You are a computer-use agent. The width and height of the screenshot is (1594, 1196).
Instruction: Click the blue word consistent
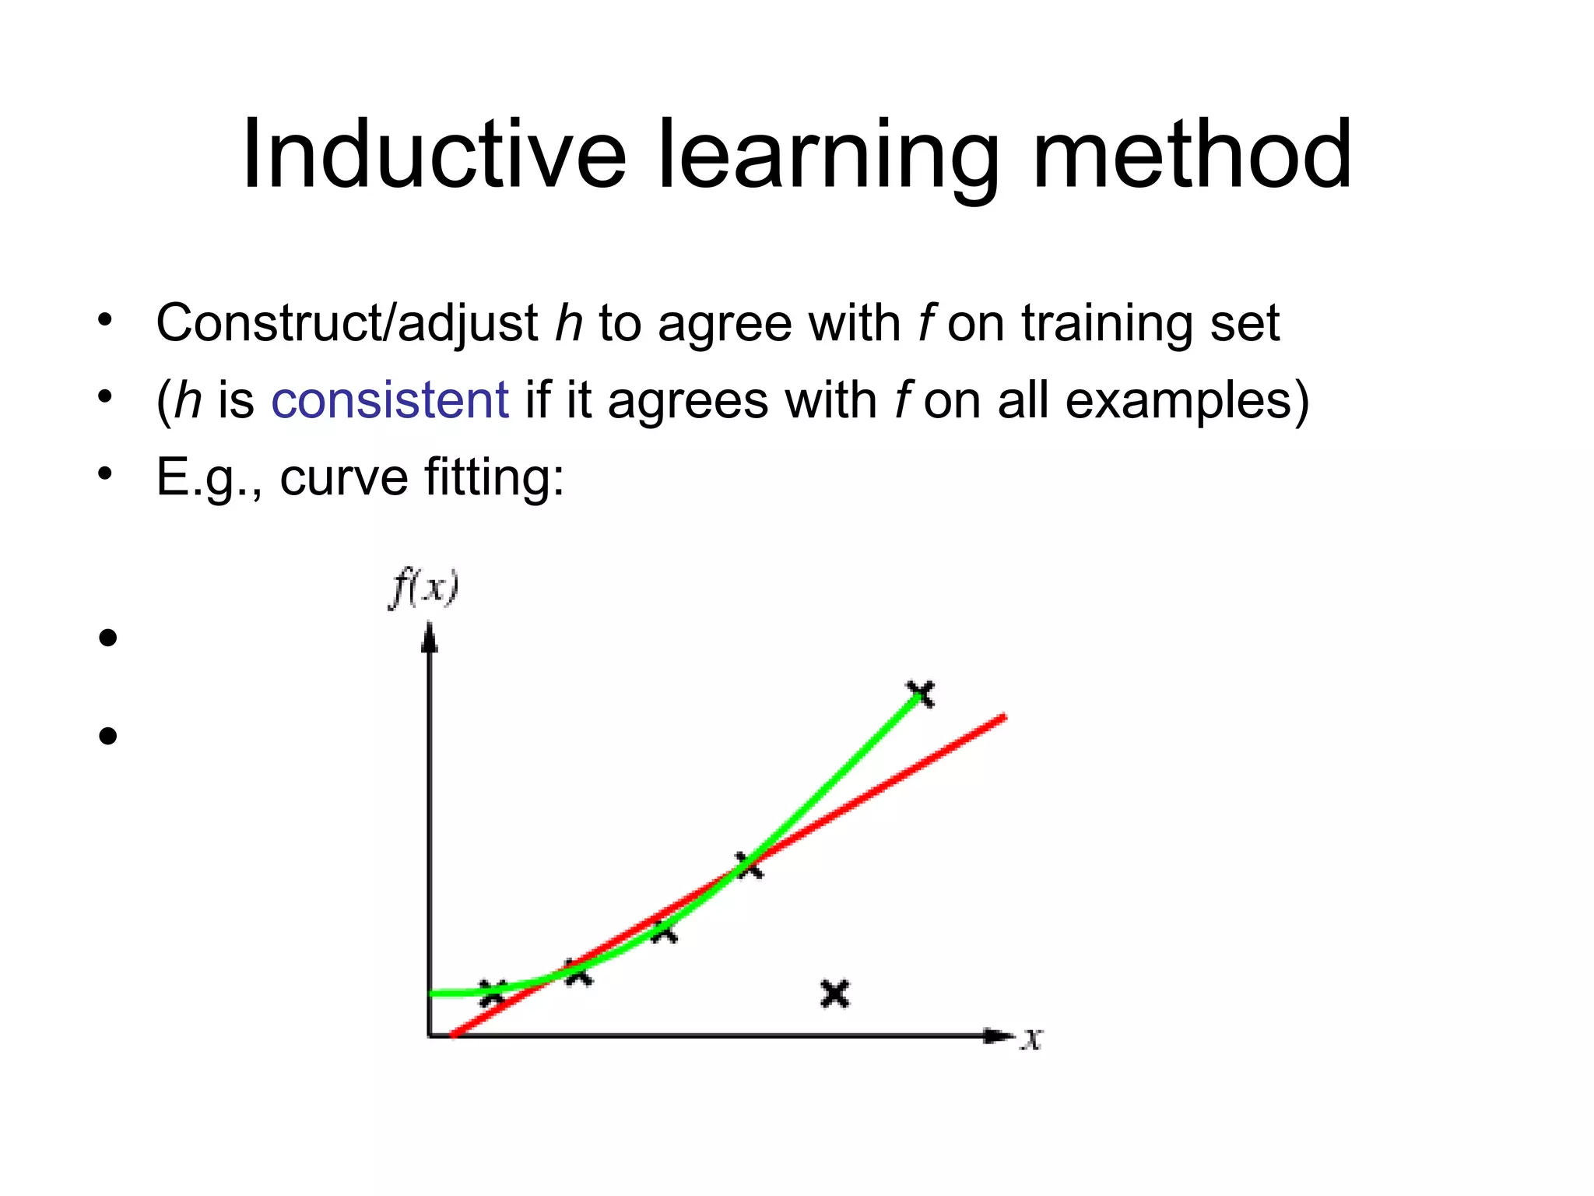tap(390, 400)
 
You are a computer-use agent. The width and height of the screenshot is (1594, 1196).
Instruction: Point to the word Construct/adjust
tap(346, 324)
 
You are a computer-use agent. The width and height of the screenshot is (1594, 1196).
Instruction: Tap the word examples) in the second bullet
tap(1187, 402)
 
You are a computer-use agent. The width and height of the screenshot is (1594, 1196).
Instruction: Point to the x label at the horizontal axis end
tap(1032, 1039)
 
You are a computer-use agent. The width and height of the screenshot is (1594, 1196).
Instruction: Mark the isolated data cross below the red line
tap(835, 994)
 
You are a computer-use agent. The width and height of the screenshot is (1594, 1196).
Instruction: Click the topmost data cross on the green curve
tap(921, 692)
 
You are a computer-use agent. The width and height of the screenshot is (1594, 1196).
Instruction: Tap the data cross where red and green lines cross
tap(749, 864)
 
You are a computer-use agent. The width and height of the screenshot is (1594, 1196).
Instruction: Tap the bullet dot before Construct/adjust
tap(106, 321)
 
